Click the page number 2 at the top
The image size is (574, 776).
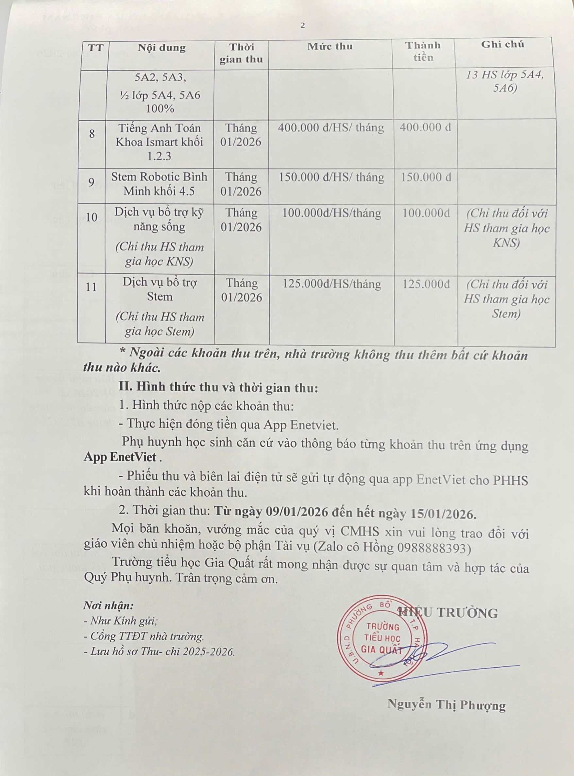(x=302, y=26)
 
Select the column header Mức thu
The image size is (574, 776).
(x=330, y=46)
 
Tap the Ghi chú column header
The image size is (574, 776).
(x=502, y=44)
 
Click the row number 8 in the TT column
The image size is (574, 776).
(x=92, y=133)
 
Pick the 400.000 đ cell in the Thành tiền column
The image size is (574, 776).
(x=425, y=127)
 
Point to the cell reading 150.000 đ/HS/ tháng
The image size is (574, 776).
(x=331, y=177)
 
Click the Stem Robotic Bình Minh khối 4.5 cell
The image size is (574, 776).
(x=159, y=184)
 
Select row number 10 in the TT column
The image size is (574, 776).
(x=92, y=218)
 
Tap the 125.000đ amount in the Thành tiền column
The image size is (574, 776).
(x=426, y=284)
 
